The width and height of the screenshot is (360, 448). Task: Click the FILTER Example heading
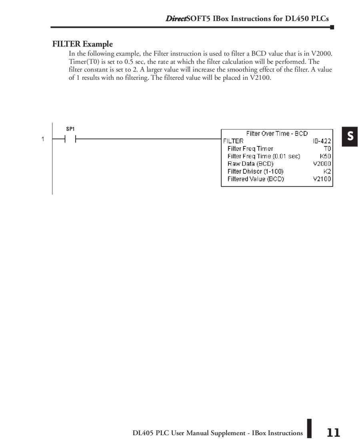82,44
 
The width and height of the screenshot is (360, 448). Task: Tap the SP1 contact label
70,129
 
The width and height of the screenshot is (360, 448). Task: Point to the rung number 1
42,139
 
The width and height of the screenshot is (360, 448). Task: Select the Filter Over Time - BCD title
277,133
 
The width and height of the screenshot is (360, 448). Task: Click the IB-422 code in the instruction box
322,141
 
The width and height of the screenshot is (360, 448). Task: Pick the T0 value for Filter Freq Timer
327,149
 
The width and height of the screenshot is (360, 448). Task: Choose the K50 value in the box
325,156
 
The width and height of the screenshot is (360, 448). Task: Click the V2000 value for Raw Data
322,164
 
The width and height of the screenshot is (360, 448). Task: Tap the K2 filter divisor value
327,171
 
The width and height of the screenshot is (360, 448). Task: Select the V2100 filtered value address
322,179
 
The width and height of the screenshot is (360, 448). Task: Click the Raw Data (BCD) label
250,164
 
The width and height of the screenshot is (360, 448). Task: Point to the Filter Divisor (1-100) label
255,171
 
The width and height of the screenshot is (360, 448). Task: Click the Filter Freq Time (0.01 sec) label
264,156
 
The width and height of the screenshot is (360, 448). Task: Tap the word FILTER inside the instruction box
233,141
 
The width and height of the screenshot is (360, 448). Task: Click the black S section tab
350,136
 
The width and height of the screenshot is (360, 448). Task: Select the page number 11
333,433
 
